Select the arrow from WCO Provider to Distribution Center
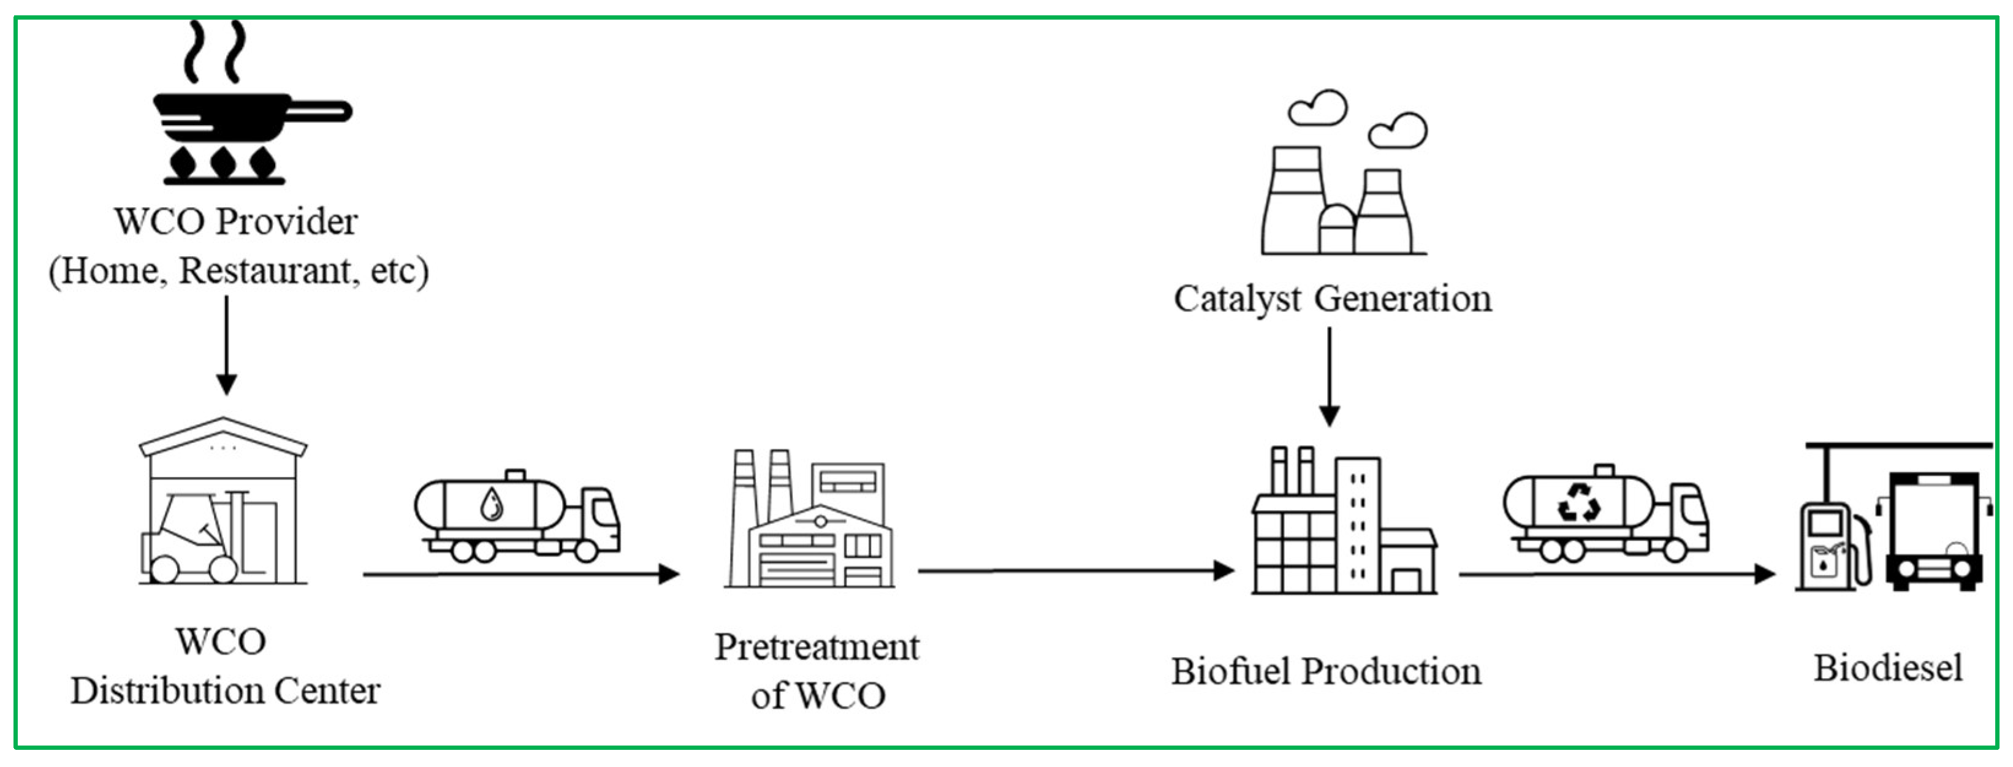pyautogui.click(x=227, y=344)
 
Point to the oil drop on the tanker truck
pyautogui.click(x=492, y=505)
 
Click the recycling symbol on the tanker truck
pyautogui.click(x=1578, y=502)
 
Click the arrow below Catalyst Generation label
pyautogui.click(x=1330, y=375)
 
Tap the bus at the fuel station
pyautogui.click(x=1933, y=532)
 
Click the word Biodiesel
pyautogui.click(x=1887, y=668)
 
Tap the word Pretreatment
pyautogui.click(x=816, y=647)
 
